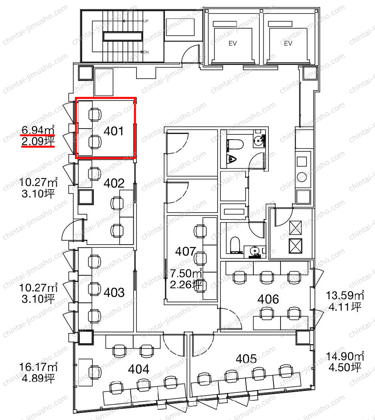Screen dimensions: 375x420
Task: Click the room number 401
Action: [114, 131]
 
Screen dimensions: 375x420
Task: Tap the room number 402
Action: [114, 183]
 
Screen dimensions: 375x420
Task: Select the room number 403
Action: [114, 293]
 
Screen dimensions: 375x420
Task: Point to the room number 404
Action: [138, 369]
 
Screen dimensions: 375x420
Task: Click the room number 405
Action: [246, 359]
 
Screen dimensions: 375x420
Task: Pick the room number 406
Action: [268, 299]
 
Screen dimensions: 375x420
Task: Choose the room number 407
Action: [185, 251]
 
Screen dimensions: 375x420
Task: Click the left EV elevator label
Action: [233, 43]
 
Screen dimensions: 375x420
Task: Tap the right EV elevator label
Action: [288, 43]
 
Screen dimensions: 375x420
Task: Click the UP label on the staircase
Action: [146, 21]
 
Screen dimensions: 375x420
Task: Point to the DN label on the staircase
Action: [146, 52]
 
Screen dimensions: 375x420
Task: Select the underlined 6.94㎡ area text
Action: [38, 130]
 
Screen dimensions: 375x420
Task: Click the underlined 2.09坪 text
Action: [38, 141]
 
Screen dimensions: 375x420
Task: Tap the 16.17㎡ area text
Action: [38, 367]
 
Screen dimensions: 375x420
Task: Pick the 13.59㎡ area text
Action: [345, 295]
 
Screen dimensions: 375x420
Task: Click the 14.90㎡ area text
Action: [345, 356]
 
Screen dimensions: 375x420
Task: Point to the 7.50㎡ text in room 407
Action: [186, 273]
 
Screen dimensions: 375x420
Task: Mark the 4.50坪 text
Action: [345, 367]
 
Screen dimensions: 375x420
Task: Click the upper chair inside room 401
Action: [95, 115]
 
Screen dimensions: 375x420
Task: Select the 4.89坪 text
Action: [38, 378]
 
